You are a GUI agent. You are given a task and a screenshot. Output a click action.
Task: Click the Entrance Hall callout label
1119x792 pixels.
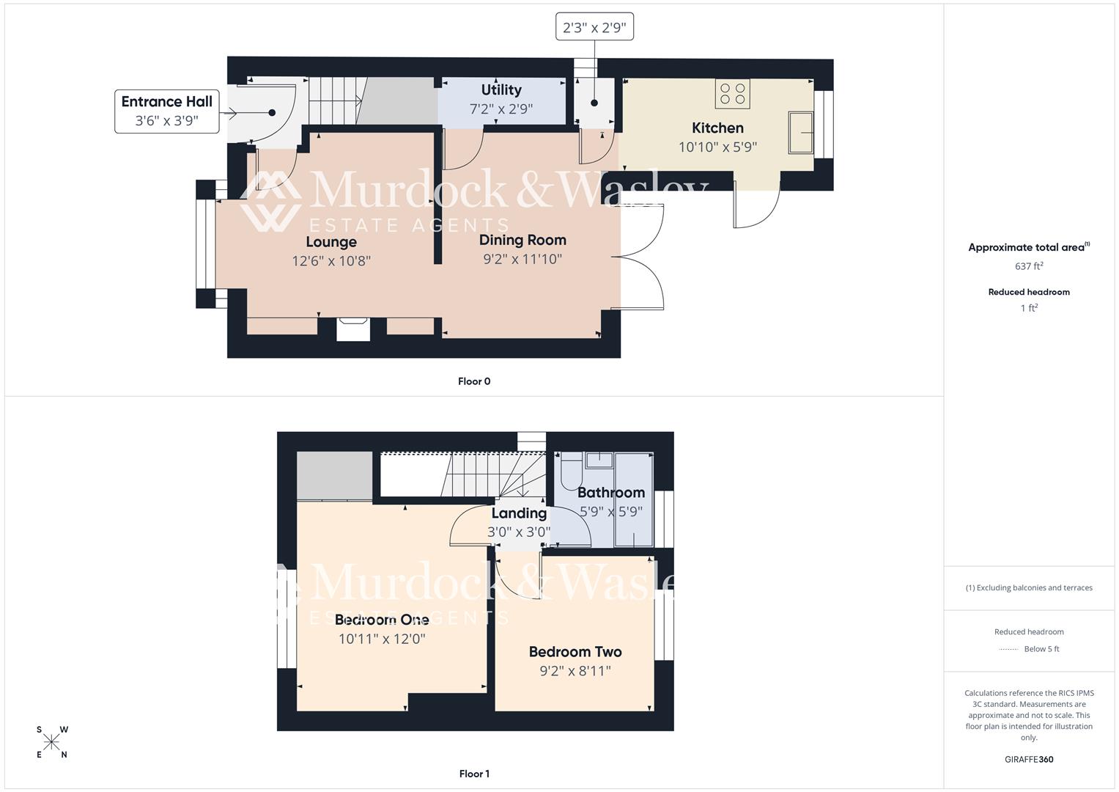click(x=167, y=111)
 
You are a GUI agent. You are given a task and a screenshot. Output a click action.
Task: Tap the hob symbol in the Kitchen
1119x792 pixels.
click(x=732, y=94)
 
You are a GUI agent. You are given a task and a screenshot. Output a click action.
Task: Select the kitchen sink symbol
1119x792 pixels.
click(x=800, y=133)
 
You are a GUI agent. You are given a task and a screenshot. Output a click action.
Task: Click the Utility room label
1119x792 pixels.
click(x=501, y=90)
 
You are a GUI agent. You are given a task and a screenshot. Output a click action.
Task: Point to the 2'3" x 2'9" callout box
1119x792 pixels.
click(x=594, y=28)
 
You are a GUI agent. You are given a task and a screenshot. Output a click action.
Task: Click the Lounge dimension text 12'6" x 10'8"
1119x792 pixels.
click(x=331, y=261)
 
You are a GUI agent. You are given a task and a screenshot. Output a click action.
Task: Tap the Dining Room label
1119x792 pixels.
click(x=522, y=240)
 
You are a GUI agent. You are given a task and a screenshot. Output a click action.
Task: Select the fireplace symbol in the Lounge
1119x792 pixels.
click(x=353, y=328)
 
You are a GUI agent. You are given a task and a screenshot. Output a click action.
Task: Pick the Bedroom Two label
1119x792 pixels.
click(x=575, y=652)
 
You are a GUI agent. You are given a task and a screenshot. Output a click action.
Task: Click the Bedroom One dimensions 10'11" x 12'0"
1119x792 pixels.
click(x=382, y=639)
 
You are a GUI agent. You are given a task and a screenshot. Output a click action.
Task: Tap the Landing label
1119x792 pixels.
click(x=519, y=513)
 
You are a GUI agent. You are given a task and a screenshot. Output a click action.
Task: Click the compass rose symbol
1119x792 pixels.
click(x=51, y=742)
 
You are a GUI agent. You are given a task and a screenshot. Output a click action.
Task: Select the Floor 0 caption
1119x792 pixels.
click(x=474, y=381)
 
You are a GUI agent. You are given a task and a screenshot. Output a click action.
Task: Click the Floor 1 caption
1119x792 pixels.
click(x=474, y=774)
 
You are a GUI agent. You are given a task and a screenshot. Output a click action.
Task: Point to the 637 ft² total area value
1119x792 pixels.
click(x=1029, y=266)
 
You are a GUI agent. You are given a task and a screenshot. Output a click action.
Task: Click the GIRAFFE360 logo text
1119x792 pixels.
click(x=1029, y=759)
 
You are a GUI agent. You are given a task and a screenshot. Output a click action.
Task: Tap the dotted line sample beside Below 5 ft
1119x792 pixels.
click(x=1008, y=649)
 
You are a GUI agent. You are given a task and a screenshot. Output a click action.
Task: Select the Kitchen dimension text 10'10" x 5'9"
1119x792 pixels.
click(x=717, y=147)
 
